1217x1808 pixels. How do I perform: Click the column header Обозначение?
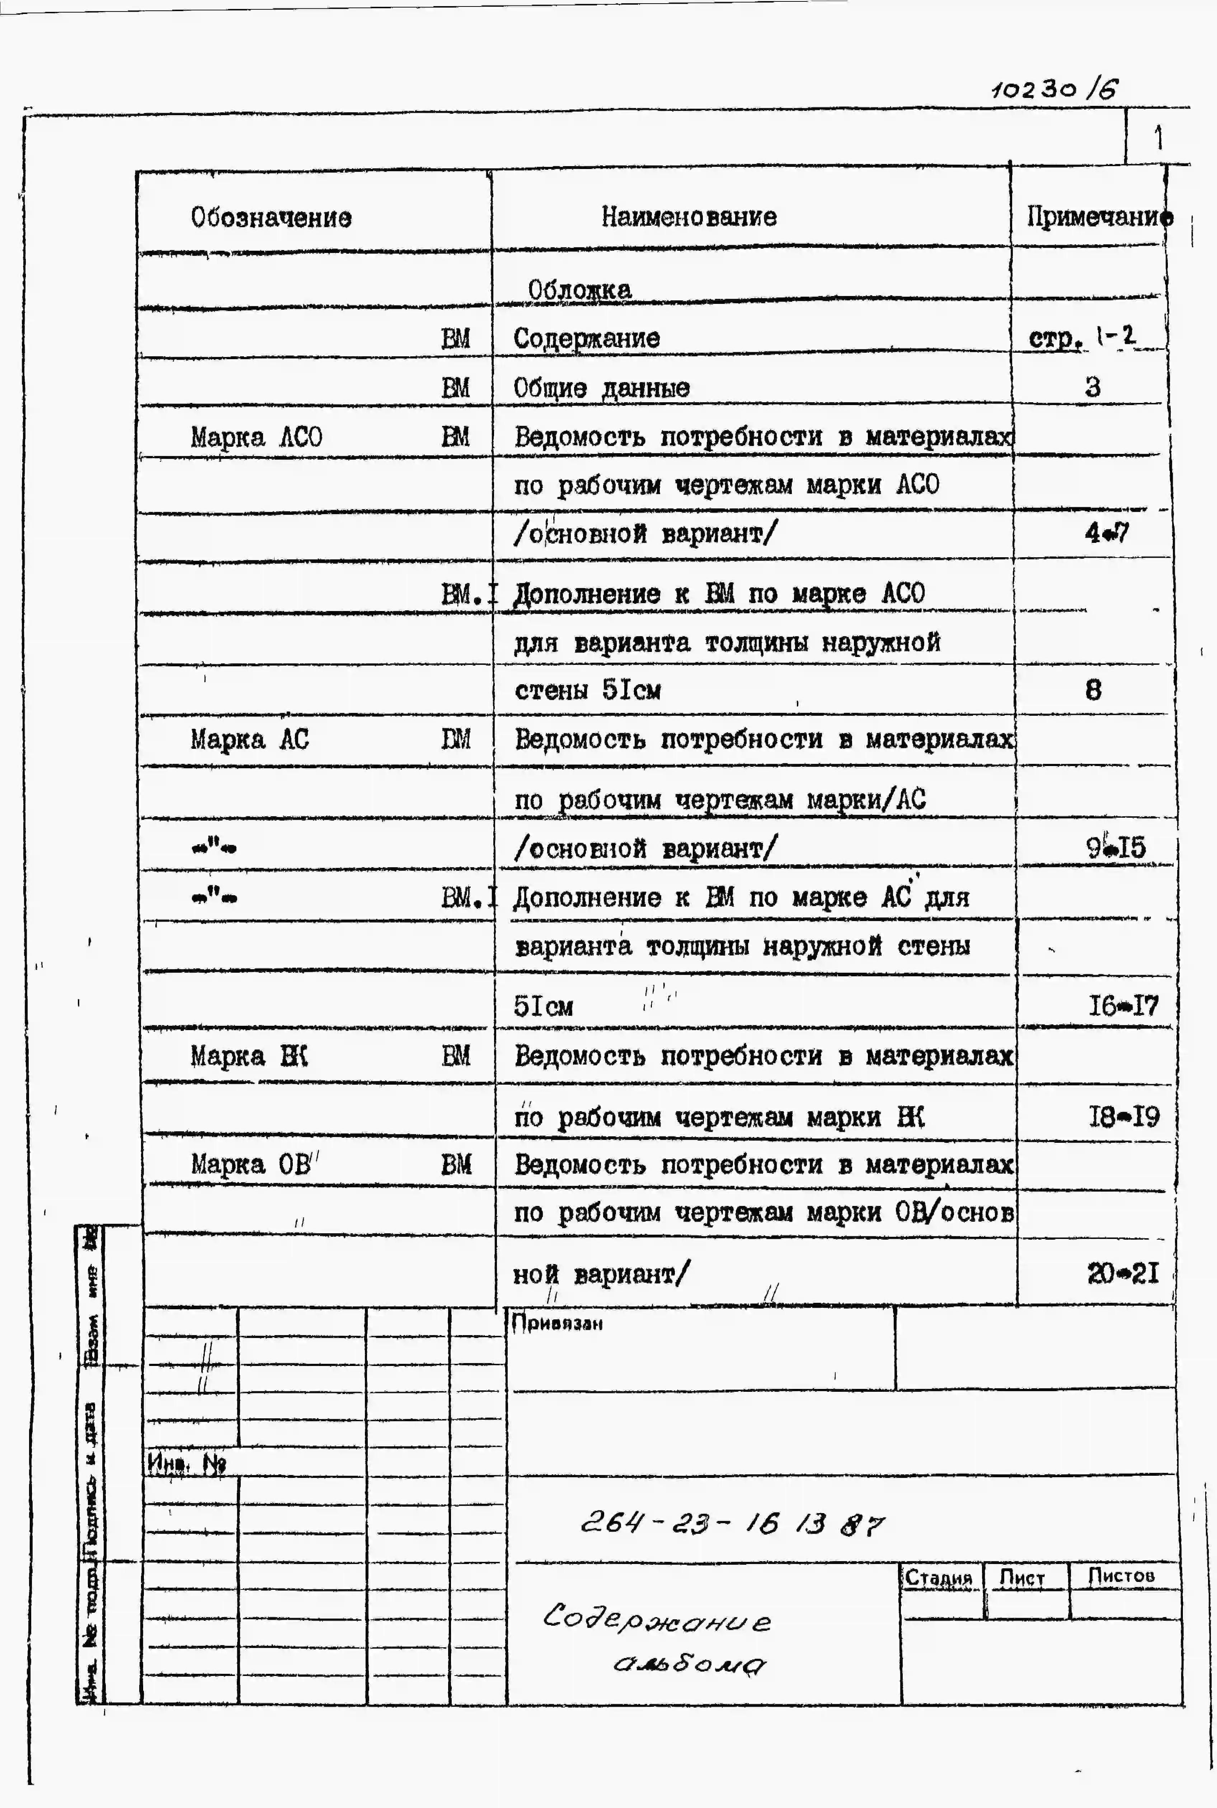click(271, 217)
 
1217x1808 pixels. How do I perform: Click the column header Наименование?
click(689, 216)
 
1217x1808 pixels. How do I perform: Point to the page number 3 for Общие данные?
click(1092, 386)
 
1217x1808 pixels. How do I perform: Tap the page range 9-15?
click(1115, 847)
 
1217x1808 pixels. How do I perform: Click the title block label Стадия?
click(938, 1578)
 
